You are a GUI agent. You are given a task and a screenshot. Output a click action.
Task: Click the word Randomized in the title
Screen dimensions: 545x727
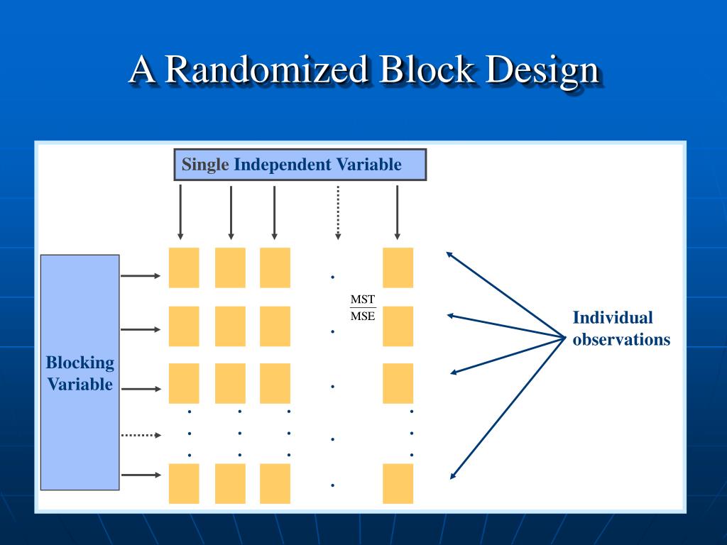point(268,70)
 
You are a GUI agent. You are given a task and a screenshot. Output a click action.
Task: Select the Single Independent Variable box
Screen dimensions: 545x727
point(300,165)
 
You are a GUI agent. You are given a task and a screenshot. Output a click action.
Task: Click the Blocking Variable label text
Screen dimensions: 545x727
point(80,373)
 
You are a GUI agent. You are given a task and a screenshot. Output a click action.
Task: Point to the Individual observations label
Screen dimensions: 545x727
point(621,329)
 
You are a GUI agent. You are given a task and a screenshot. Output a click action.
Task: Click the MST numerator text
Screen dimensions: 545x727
point(363,299)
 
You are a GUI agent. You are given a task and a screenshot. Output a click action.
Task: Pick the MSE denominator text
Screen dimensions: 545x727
point(363,316)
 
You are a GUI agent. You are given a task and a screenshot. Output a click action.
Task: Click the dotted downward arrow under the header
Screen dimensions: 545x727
point(338,211)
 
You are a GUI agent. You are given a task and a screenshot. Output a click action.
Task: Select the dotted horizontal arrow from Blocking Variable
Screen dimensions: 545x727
point(141,435)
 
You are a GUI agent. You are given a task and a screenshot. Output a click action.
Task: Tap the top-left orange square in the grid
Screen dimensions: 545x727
point(184,268)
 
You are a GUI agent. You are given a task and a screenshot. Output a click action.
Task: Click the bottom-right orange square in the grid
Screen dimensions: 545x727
point(398,483)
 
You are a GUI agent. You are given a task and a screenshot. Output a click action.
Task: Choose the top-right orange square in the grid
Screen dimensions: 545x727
point(398,268)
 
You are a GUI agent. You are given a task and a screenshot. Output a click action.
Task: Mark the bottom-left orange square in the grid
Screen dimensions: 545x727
point(184,483)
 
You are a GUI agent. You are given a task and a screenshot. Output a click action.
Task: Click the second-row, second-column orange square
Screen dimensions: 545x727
point(230,326)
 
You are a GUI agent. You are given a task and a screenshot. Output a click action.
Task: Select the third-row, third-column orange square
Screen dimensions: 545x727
point(275,383)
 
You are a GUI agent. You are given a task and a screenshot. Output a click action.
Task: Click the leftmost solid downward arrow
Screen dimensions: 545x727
point(180,211)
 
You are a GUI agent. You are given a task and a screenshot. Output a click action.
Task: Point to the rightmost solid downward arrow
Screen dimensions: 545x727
point(397,211)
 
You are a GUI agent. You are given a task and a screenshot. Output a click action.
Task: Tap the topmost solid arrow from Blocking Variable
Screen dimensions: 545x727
point(141,275)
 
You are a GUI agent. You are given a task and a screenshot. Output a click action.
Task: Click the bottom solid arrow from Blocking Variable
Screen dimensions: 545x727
point(141,475)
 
